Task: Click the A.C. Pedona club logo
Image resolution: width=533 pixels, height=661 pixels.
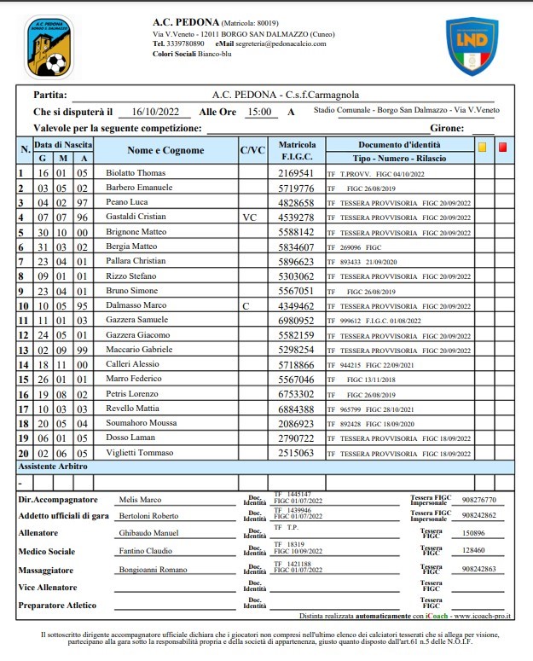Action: (x=49, y=45)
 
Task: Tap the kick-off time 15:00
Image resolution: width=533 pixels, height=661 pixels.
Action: (x=259, y=112)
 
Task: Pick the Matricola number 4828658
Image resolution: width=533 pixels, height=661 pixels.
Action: (x=296, y=203)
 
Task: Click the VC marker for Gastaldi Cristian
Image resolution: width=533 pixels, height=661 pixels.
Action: (x=250, y=217)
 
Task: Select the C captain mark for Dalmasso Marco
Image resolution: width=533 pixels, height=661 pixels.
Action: (x=246, y=304)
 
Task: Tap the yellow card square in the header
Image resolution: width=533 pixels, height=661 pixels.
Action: (x=482, y=147)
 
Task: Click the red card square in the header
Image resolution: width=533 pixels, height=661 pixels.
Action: (x=503, y=147)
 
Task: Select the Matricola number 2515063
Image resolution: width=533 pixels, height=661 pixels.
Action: (x=296, y=453)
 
